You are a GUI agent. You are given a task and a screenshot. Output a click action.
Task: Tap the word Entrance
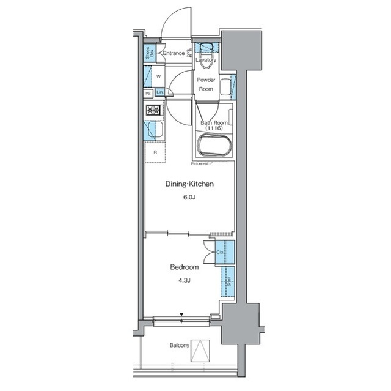[x=174, y=54]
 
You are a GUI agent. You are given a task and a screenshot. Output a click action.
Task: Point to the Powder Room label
[x=206, y=84]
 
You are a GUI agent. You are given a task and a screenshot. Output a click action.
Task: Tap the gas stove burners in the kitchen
[x=153, y=111]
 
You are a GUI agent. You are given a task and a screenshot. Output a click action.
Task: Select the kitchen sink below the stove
[x=151, y=130]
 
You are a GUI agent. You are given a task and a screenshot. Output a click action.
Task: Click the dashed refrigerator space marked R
[x=156, y=152]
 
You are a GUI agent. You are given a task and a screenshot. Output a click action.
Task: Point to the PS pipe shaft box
[x=148, y=93]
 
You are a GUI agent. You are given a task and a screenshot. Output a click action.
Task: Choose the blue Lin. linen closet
[x=159, y=92]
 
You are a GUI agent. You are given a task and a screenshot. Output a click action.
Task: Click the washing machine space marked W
[x=158, y=76]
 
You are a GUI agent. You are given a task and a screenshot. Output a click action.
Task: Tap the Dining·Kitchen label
[x=189, y=184]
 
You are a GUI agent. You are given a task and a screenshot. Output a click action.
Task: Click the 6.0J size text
[x=189, y=198]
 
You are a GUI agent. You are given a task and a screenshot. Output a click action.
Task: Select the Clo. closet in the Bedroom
[x=224, y=251]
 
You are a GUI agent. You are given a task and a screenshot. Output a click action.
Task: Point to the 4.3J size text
[x=184, y=281]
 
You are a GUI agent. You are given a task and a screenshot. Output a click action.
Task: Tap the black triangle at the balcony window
[x=181, y=315]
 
